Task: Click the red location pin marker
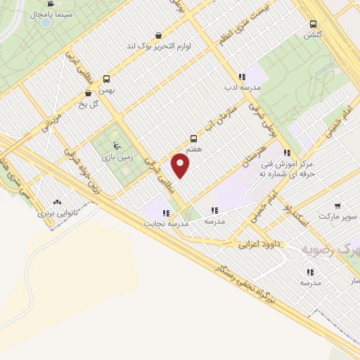pyautogui.click(x=181, y=167)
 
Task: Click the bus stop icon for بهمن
pyautogui.click(x=107, y=79)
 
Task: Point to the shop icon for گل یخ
pyautogui.click(x=88, y=92)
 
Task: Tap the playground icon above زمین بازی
pyautogui.click(x=108, y=146)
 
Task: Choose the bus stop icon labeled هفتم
pyautogui.click(x=194, y=139)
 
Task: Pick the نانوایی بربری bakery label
pyautogui.click(x=56, y=211)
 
